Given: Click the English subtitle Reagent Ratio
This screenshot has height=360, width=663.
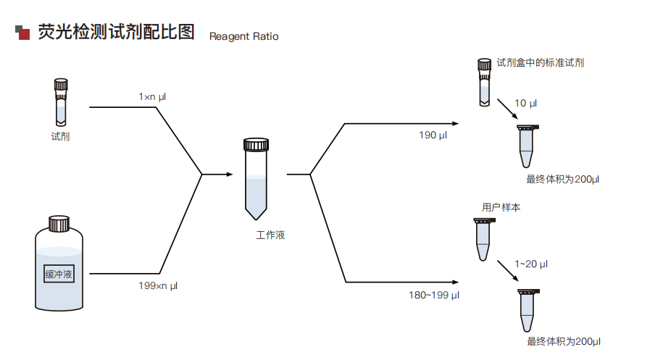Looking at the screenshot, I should coord(243,36).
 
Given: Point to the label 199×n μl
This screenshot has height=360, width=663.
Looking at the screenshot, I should coord(158,285).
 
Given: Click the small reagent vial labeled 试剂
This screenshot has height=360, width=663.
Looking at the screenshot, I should coord(60,101).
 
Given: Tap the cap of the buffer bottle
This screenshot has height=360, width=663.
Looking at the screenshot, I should coord(59,222).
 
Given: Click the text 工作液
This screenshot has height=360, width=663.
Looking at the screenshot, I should coord(270,235).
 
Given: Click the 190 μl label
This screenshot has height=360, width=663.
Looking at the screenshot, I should coord(433,135).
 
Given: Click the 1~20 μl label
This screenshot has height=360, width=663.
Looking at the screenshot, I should coord(530,264).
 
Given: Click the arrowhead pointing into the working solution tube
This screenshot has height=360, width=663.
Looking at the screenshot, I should coord(229,174).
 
